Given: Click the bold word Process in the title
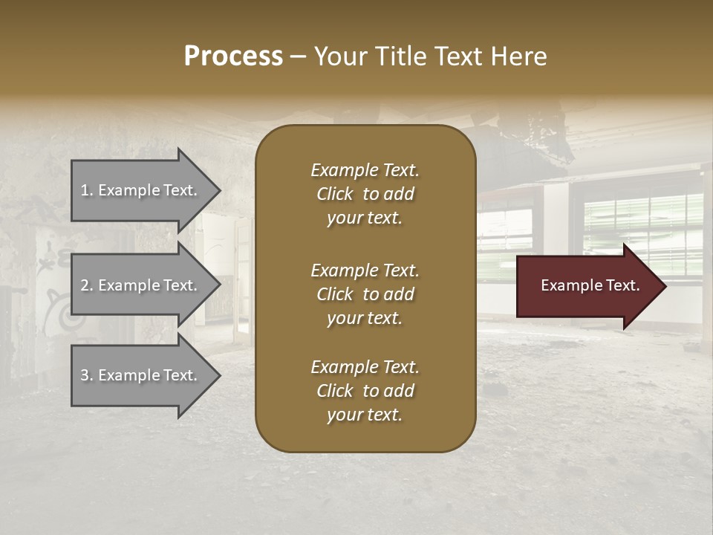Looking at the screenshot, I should click(x=233, y=56).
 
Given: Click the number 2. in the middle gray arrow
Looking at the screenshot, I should click(x=87, y=285).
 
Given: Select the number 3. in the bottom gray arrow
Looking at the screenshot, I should click(x=87, y=375).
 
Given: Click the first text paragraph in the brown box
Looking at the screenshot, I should click(x=365, y=194).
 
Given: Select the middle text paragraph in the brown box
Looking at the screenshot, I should click(x=365, y=294).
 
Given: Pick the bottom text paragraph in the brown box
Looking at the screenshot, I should click(x=365, y=391).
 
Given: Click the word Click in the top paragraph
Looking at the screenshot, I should click(x=335, y=194).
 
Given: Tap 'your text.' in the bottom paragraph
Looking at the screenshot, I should click(x=365, y=415).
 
